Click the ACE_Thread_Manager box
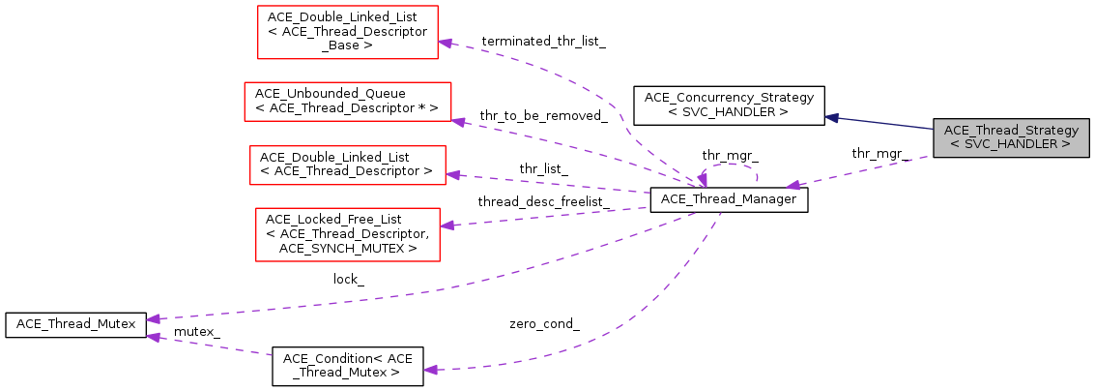pos(729,199)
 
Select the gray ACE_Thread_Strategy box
pos(1011,137)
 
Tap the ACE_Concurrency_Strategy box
pos(729,105)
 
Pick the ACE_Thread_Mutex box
pos(76,324)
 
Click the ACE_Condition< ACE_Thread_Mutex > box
pos(348,366)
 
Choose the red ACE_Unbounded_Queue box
pos(347,101)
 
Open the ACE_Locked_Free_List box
pos(346,233)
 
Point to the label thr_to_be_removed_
pos(548,116)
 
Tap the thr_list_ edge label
pos(543,168)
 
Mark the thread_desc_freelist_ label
pos(543,201)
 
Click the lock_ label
pos(349,279)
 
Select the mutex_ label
pos(196,331)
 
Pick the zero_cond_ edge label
pos(544,323)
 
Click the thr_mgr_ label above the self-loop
pos(730,155)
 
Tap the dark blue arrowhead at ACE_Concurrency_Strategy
pos(832,117)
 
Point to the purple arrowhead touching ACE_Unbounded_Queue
pos(459,120)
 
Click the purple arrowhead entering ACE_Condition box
pos(431,370)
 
